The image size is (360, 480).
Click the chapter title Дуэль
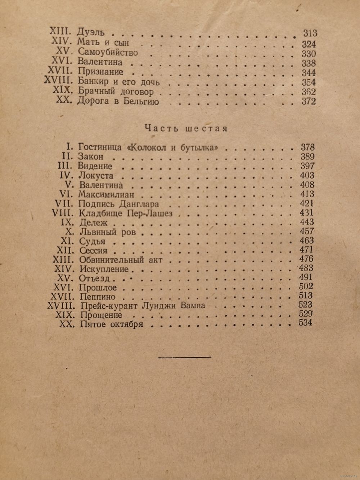[91, 33]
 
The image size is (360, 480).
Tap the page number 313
[310, 33]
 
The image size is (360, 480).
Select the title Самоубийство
[108, 53]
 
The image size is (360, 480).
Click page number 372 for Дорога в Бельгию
[309, 101]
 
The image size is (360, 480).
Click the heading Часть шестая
[186, 129]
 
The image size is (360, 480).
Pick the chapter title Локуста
[96, 176]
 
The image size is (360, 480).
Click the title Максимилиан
[106, 194]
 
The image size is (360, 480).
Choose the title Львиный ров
[107, 232]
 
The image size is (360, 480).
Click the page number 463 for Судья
[306, 240]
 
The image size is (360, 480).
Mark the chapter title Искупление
[103, 269]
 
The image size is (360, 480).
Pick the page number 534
[306, 323]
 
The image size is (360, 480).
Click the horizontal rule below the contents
[185, 357]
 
